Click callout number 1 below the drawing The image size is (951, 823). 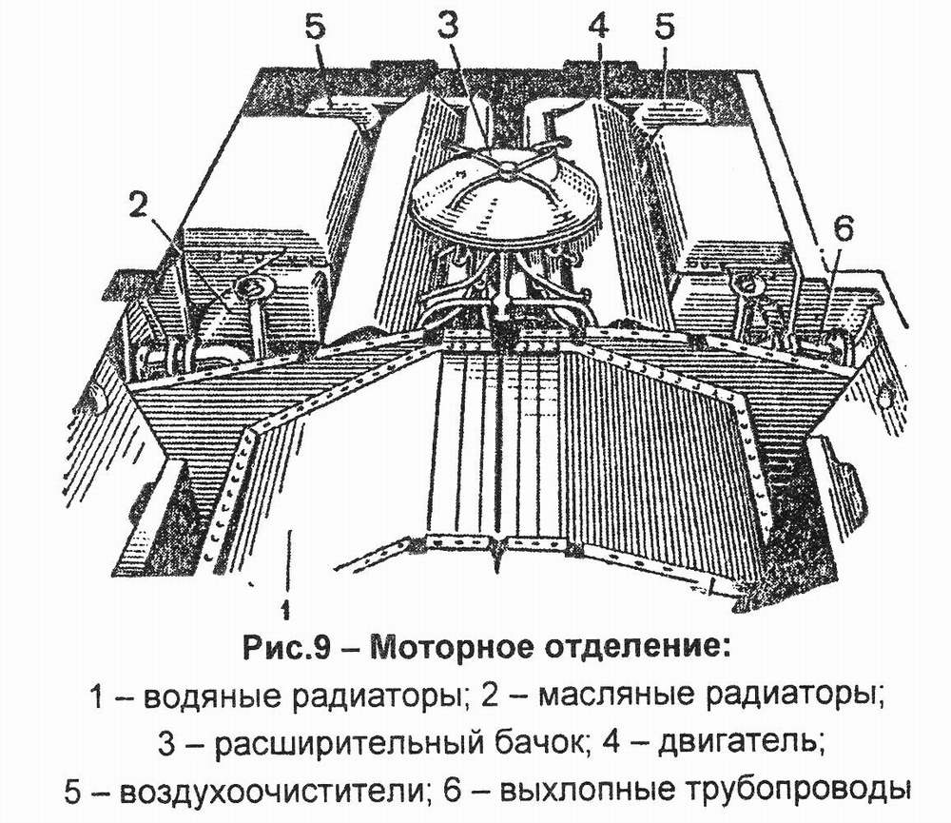point(284,604)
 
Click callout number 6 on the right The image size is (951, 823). point(844,228)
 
